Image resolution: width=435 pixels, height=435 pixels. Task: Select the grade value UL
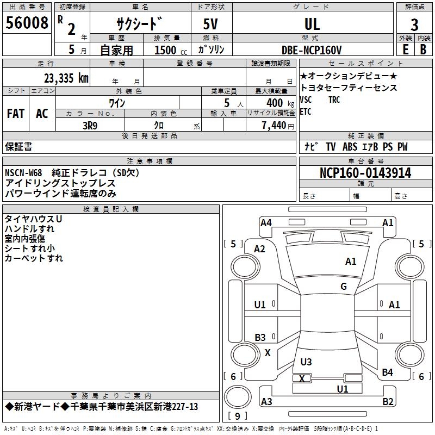point(312,24)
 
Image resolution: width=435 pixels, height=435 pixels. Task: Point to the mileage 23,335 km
point(65,78)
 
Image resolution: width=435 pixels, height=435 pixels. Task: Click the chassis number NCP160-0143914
point(365,173)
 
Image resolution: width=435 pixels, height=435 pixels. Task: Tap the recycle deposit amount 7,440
point(272,126)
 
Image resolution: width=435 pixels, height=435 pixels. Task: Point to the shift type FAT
point(15,113)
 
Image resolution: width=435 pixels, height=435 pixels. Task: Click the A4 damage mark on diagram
point(266,222)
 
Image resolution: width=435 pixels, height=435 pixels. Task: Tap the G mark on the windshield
point(344,287)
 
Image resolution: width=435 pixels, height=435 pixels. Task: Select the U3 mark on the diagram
point(306,362)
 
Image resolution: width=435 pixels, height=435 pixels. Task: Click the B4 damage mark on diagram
point(387,372)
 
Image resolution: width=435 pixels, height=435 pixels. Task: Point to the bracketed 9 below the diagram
point(237,416)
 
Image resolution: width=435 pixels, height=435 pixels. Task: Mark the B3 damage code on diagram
point(260,338)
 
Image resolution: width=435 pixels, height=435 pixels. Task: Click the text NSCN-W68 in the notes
point(23,173)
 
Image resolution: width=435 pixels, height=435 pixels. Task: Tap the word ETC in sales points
point(306,112)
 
